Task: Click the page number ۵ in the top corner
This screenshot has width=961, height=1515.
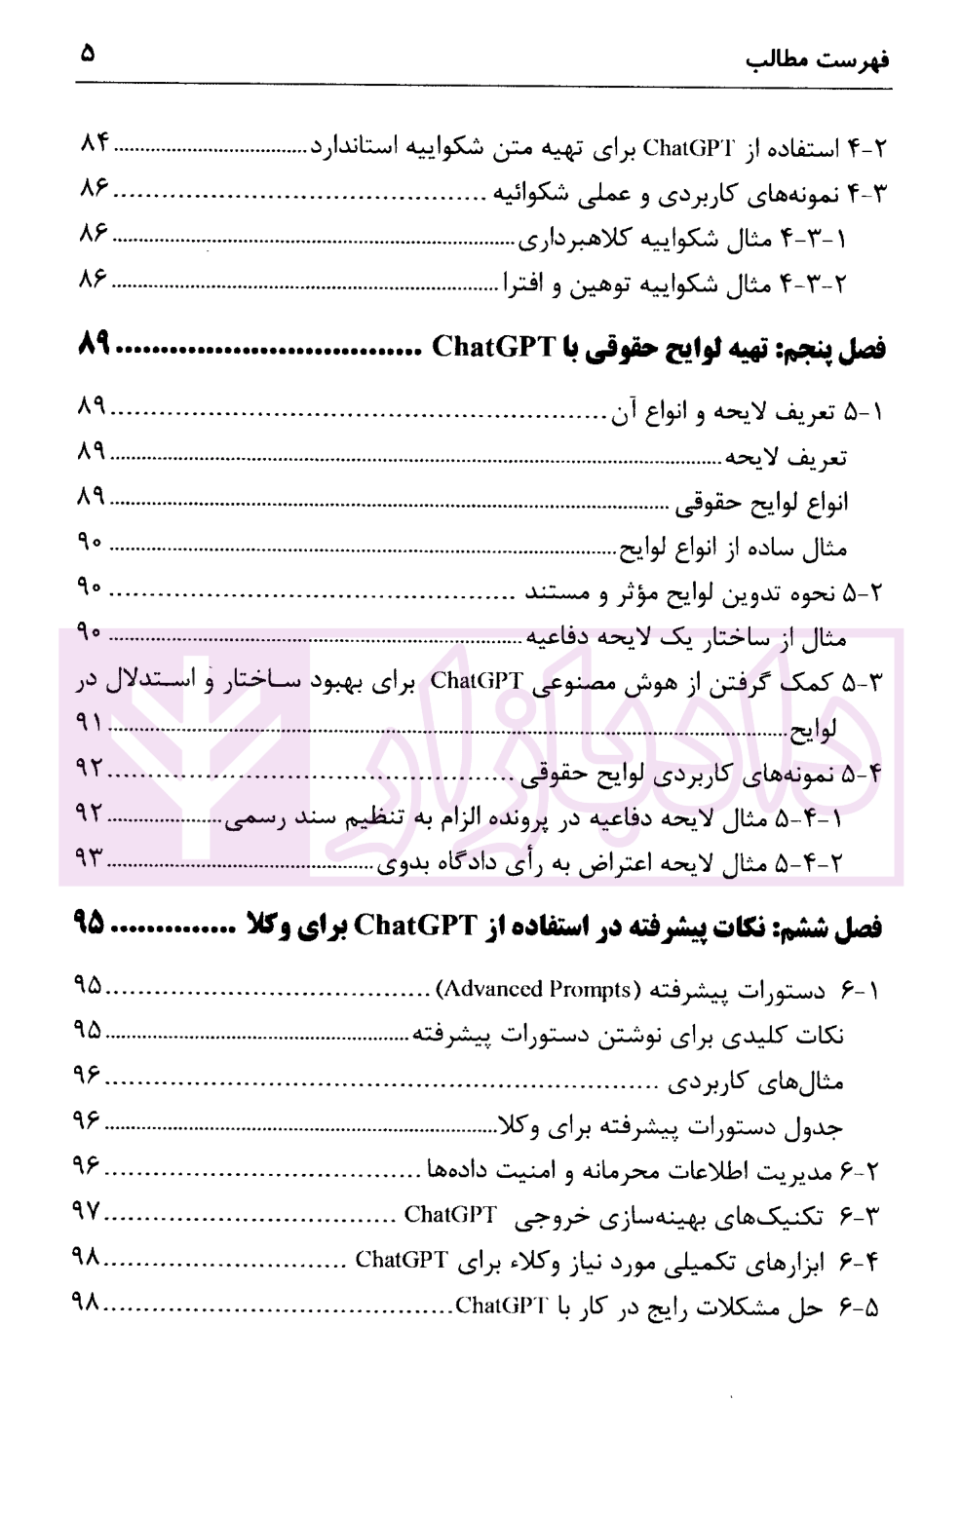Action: pos(89,53)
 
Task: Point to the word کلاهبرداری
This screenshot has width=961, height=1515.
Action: pos(567,239)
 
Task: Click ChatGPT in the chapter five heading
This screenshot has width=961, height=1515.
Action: pos(494,347)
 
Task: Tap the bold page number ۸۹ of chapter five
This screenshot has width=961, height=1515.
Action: pos(96,346)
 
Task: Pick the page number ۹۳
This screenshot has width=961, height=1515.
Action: pos(90,858)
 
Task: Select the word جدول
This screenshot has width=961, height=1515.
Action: pos(820,1127)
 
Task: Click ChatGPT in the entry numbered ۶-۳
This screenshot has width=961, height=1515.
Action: pos(450,1214)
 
